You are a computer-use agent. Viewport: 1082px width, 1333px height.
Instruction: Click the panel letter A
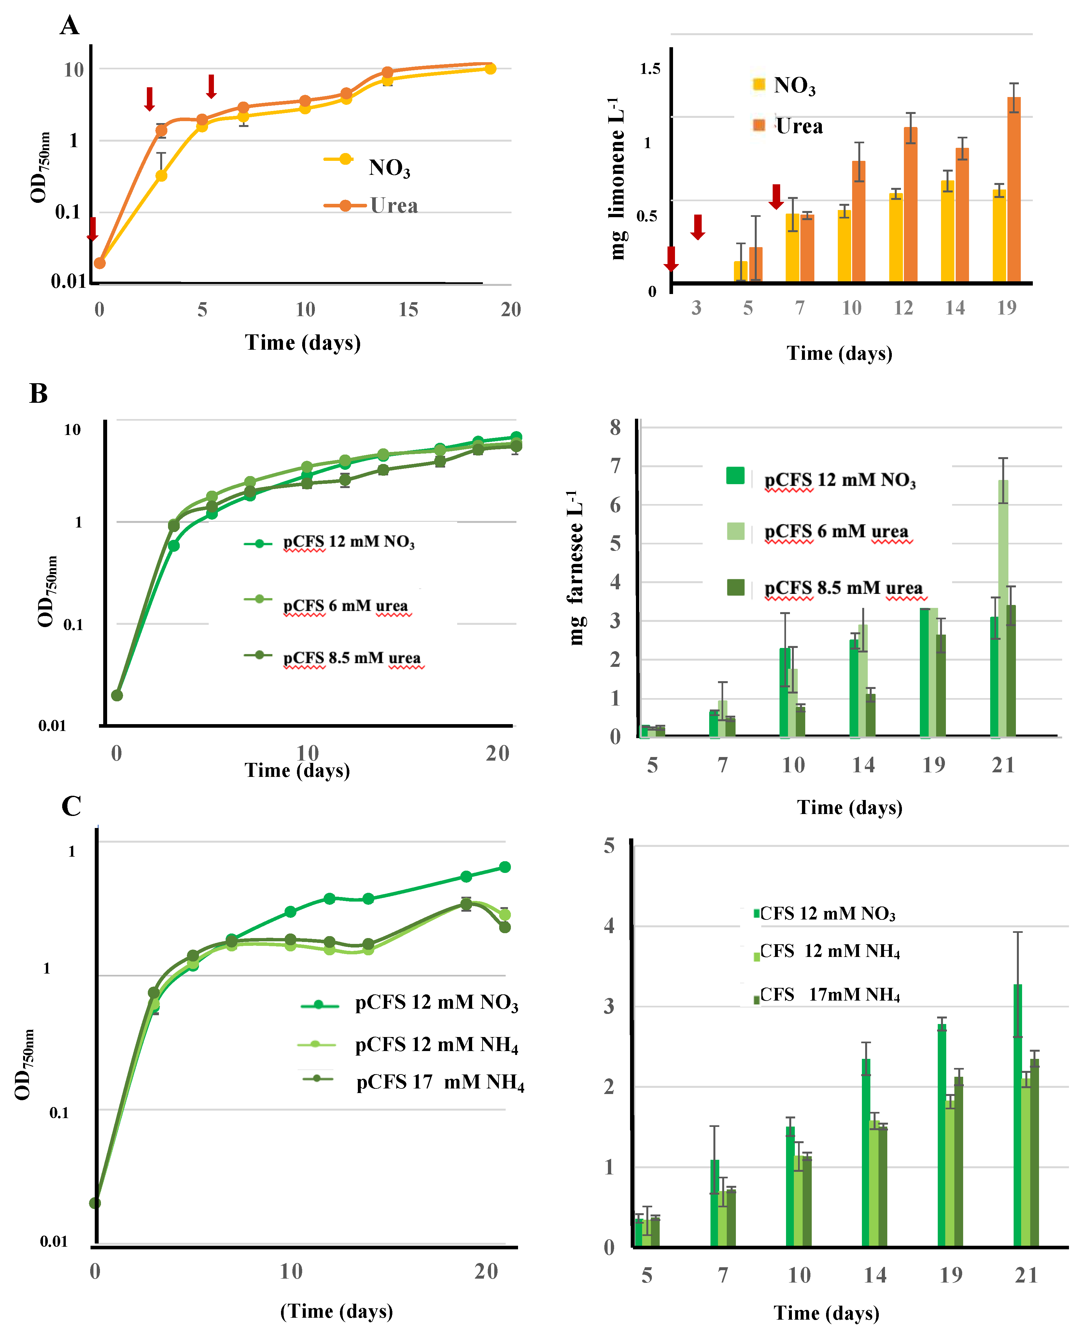(x=70, y=26)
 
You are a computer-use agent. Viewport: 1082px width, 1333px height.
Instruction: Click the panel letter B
(x=39, y=394)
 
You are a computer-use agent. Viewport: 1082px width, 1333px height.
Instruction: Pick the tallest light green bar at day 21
(x=1003, y=608)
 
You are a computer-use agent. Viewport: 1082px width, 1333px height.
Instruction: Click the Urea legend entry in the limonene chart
(x=798, y=127)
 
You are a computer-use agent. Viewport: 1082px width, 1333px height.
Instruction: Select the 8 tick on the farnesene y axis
(x=615, y=428)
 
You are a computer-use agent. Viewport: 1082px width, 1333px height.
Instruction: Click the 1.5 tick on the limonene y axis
(x=650, y=69)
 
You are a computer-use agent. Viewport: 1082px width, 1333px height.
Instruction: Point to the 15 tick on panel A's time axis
(x=408, y=310)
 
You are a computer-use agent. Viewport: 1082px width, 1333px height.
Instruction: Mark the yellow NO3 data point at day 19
(x=490, y=69)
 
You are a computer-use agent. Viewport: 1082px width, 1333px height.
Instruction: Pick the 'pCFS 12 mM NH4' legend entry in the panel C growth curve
(x=436, y=1045)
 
